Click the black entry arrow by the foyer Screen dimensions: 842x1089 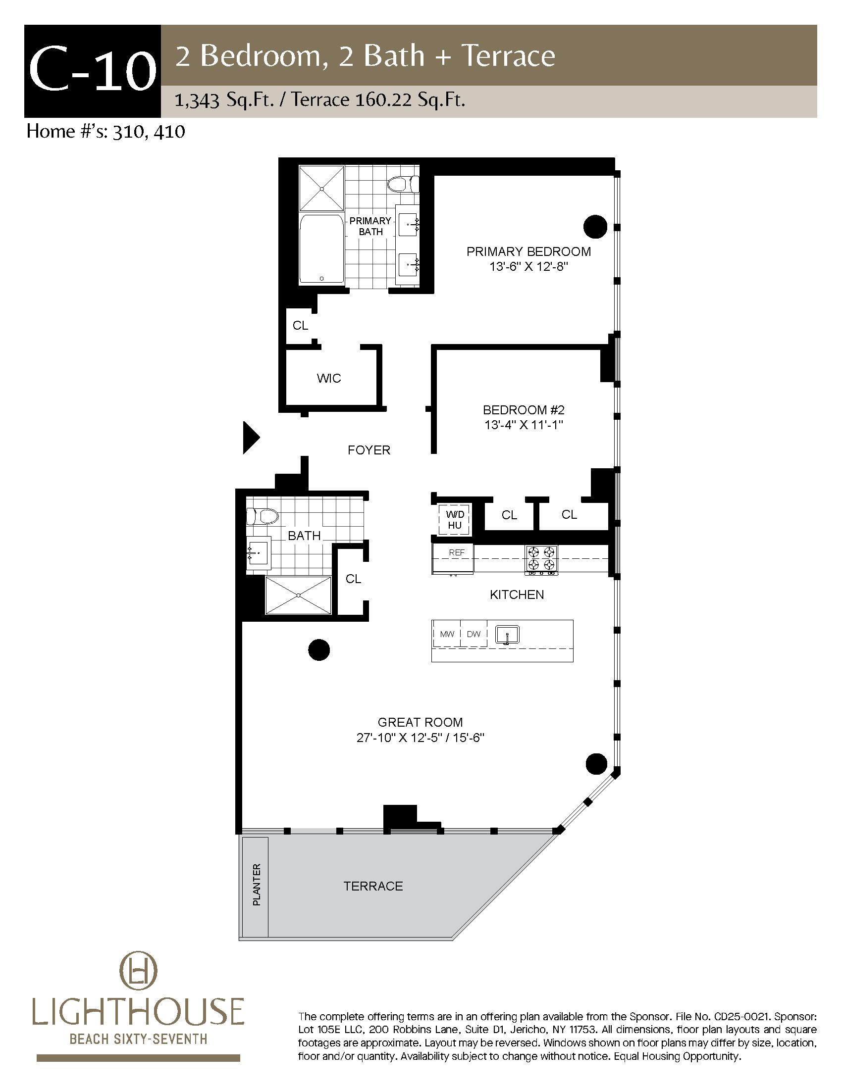pos(250,438)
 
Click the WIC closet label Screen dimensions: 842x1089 pos(329,378)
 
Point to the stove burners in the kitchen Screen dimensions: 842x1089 pos(541,558)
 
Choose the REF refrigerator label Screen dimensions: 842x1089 pos(457,552)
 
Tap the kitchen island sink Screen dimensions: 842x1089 pos(507,635)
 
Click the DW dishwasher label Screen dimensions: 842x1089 pos(474,634)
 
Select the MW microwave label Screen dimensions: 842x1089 pos(447,634)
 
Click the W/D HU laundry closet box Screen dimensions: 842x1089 pos(454,520)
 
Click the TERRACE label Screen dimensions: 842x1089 pos(373,886)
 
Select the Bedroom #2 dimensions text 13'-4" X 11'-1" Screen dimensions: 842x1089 pos(524,425)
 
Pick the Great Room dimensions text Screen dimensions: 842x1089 pos(421,738)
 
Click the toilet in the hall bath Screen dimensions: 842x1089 pos(262,516)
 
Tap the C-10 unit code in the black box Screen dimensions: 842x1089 pos(92,71)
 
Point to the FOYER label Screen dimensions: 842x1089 pos(369,450)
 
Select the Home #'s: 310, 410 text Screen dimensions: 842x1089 pos(106,131)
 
